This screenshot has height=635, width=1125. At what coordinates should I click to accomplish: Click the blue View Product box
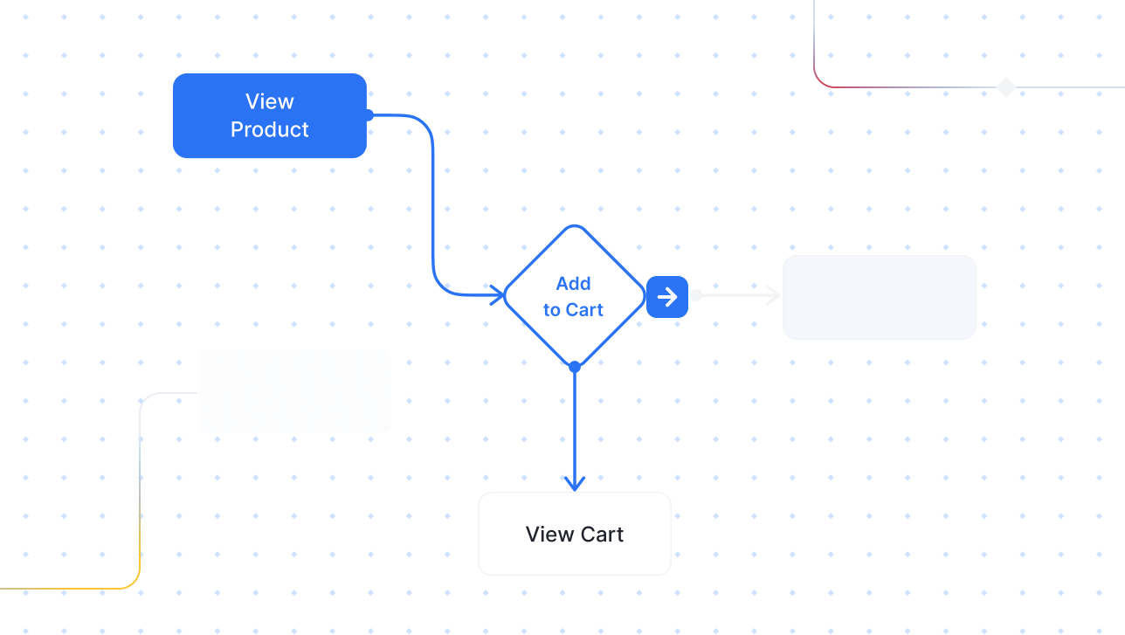(269, 115)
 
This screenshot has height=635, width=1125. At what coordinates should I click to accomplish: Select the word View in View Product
(270, 102)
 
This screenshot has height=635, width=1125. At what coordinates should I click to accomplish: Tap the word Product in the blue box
(270, 130)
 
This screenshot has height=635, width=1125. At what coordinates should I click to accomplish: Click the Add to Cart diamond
(574, 296)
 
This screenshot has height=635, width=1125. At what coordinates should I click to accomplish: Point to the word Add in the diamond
(573, 283)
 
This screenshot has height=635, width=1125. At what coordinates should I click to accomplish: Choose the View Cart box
(574, 534)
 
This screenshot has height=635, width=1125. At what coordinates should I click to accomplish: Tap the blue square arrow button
(667, 297)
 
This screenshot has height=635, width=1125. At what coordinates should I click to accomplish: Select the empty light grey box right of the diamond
(879, 297)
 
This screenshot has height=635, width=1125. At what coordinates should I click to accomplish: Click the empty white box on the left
(295, 391)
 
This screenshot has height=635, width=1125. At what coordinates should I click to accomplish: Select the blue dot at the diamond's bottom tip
(575, 368)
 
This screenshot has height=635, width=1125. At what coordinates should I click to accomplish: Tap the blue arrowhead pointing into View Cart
(574, 483)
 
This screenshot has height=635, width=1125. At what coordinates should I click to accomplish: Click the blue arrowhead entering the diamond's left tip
(497, 295)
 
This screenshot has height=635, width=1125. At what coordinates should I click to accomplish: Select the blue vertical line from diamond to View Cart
(574, 428)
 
